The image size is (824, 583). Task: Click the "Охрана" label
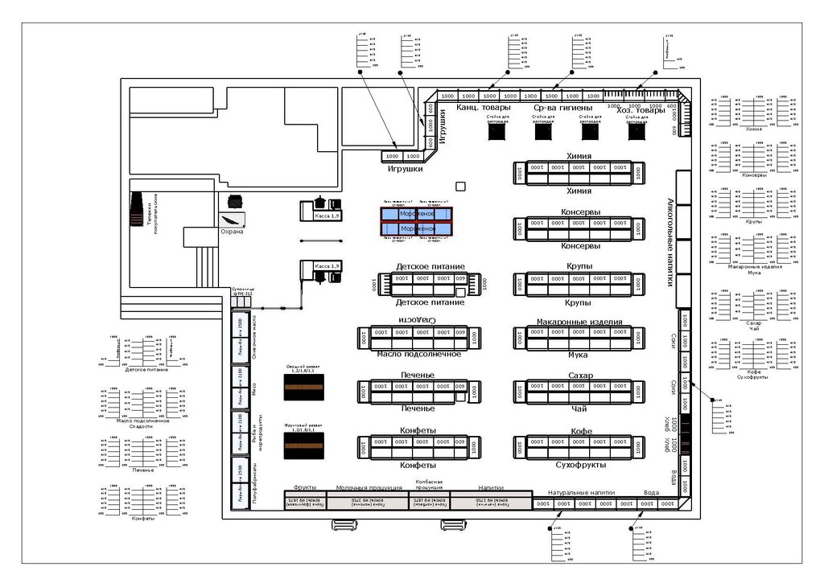click(232, 232)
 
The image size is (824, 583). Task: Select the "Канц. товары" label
click(483, 108)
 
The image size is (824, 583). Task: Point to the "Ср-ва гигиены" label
click(562, 108)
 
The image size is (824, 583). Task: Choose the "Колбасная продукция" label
click(429, 484)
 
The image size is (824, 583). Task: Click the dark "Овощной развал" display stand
click(303, 388)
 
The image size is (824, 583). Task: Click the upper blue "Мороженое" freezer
click(417, 213)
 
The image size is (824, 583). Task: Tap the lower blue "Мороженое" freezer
click(417, 230)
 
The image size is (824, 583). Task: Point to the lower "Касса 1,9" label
click(327, 266)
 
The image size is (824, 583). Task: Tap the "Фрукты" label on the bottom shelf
click(304, 487)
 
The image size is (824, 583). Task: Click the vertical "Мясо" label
click(253, 389)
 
